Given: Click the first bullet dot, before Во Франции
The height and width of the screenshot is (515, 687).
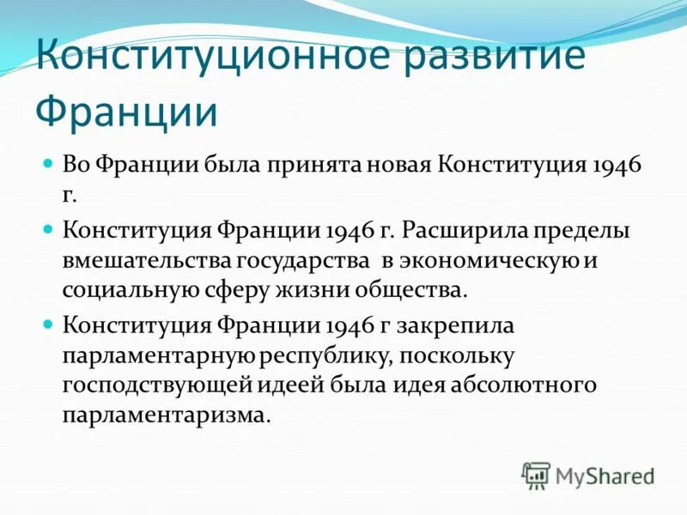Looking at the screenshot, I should pos(49,162).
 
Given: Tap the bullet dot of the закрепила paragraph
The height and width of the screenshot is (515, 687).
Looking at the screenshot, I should pos(49,324).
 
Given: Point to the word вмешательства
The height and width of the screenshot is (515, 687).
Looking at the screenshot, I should pos(147,260).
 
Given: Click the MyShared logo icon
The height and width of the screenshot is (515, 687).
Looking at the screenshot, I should pos(536,474).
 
